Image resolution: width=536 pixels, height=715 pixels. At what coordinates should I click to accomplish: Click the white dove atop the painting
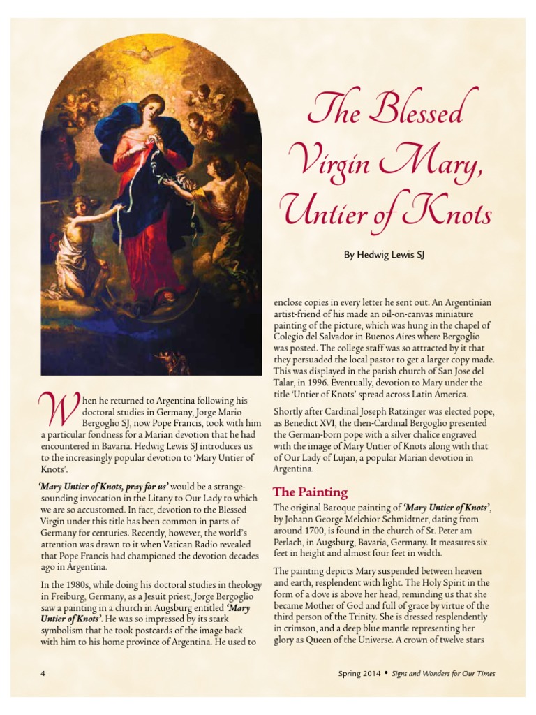click(148, 52)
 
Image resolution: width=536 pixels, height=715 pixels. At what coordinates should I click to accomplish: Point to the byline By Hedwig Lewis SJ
click(384, 256)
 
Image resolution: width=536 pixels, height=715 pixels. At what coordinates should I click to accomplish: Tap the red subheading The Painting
click(310, 492)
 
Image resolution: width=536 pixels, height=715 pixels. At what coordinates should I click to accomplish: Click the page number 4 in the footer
click(43, 674)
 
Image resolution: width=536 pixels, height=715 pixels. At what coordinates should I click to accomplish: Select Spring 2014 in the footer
click(359, 674)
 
